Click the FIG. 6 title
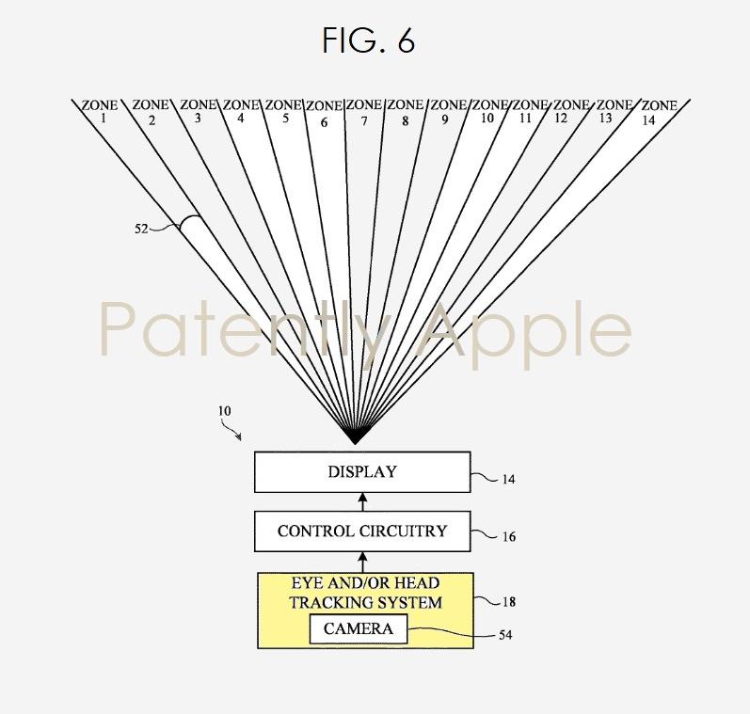(x=368, y=40)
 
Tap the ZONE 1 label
(x=100, y=111)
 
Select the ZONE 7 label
(x=364, y=112)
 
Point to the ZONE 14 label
(x=659, y=112)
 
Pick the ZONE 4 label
(x=241, y=111)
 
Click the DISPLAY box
(x=362, y=472)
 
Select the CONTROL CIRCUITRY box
(x=362, y=532)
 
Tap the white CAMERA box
(x=359, y=629)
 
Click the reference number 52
(x=141, y=230)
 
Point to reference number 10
(x=224, y=411)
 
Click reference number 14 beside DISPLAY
(x=508, y=479)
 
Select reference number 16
(x=508, y=537)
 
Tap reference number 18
(x=508, y=602)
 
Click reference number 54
(x=505, y=635)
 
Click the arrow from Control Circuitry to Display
(x=362, y=501)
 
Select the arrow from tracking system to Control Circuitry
(x=362, y=562)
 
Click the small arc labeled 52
(x=189, y=221)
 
